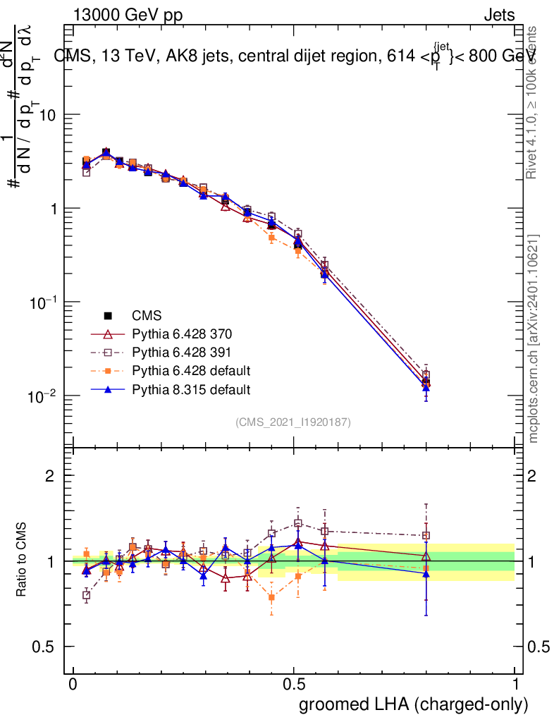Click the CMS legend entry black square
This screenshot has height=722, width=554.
(109, 316)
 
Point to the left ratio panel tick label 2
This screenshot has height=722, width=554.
(50, 476)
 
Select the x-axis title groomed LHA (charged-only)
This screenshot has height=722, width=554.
(414, 704)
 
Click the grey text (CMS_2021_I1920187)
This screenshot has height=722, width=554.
(293, 422)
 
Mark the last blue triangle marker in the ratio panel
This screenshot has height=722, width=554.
(426, 573)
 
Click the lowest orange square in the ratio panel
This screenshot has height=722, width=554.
(271, 598)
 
